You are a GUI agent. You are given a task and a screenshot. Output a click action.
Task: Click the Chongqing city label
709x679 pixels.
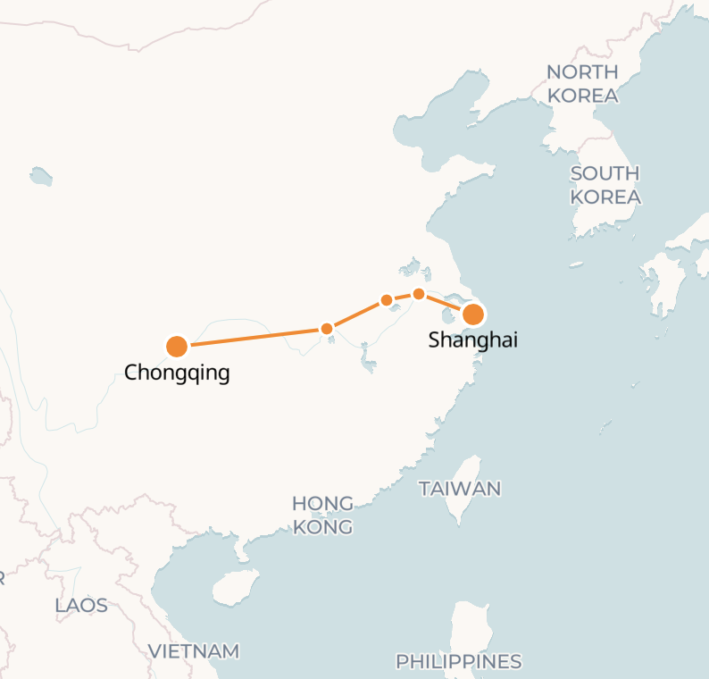click(x=177, y=373)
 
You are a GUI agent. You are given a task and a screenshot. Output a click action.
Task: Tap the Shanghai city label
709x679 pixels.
click(x=473, y=340)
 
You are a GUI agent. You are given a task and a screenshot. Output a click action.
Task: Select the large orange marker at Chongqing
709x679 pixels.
click(x=177, y=346)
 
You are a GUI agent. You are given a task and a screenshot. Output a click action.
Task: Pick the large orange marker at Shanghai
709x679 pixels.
click(x=473, y=314)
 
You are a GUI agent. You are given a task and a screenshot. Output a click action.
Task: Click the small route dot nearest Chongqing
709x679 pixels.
click(x=327, y=329)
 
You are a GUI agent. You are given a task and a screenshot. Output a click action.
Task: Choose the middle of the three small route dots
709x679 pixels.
click(x=387, y=300)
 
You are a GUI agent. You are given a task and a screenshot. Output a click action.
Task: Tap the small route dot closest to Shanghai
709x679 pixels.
click(x=419, y=294)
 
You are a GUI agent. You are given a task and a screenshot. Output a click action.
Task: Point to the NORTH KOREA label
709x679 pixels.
click(x=582, y=83)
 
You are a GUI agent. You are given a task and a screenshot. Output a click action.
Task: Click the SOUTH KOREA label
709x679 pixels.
click(x=605, y=185)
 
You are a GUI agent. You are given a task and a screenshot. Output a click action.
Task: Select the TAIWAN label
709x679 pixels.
click(x=460, y=489)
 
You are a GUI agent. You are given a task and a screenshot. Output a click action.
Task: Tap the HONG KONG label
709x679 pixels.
click(x=322, y=516)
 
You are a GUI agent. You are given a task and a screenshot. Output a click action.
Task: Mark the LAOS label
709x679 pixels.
click(x=81, y=606)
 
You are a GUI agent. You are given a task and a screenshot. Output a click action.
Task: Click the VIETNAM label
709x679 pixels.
click(x=194, y=651)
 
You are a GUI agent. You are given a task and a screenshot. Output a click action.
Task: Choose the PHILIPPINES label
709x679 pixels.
click(x=459, y=662)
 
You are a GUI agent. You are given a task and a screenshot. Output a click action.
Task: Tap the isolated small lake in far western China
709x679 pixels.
click(x=40, y=176)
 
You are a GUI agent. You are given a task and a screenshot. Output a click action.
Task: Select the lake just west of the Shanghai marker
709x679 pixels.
click(x=449, y=317)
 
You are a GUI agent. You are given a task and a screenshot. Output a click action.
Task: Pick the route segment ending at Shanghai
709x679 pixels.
click(x=446, y=304)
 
